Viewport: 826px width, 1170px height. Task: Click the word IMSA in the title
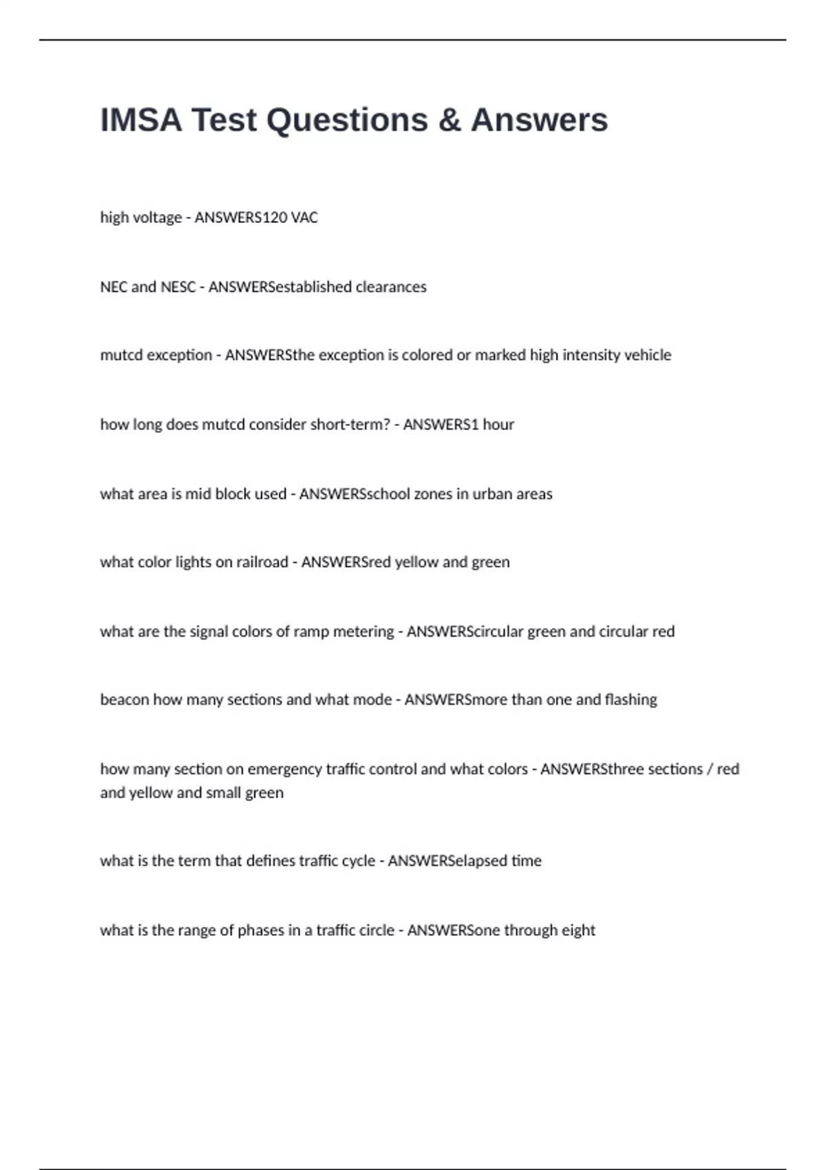(x=141, y=120)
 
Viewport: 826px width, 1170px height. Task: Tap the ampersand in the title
(x=449, y=120)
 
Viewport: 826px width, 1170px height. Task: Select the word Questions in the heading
(x=347, y=120)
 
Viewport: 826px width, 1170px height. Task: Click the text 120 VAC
(x=290, y=217)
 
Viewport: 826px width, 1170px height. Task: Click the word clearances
(x=391, y=287)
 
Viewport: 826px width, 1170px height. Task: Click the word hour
(x=498, y=425)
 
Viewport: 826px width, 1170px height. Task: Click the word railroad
(x=262, y=562)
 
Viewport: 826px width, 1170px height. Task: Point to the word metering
(x=363, y=632)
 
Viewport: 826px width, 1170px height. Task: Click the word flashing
(x=631, y=700)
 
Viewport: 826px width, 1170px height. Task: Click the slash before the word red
(x=710, y=769)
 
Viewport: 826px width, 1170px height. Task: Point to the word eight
(x=578, y=930)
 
